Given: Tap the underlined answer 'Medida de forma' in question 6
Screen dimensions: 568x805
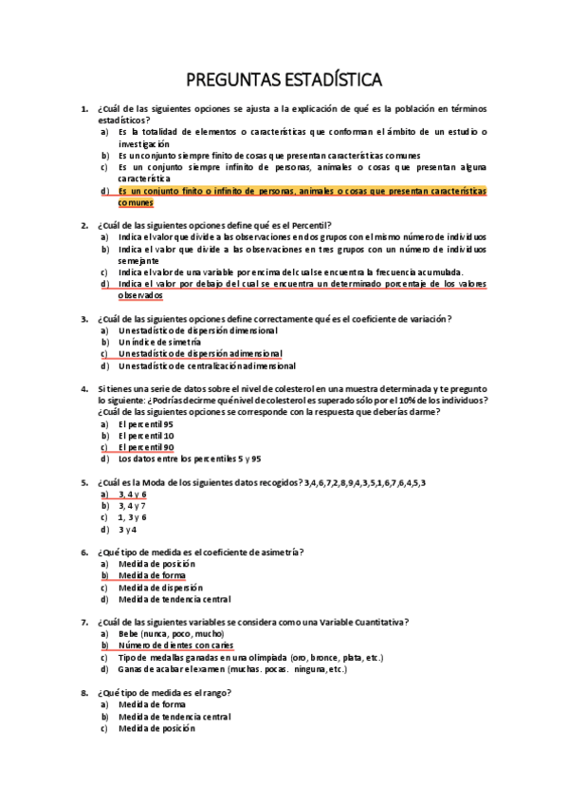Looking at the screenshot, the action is [x=152, y=575].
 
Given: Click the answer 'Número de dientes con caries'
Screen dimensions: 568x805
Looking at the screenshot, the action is [x=176, y=646].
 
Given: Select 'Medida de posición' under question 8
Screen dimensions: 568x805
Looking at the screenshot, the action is [x=156, y=728].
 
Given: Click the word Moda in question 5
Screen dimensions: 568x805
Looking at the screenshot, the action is [x=166, y=482].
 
